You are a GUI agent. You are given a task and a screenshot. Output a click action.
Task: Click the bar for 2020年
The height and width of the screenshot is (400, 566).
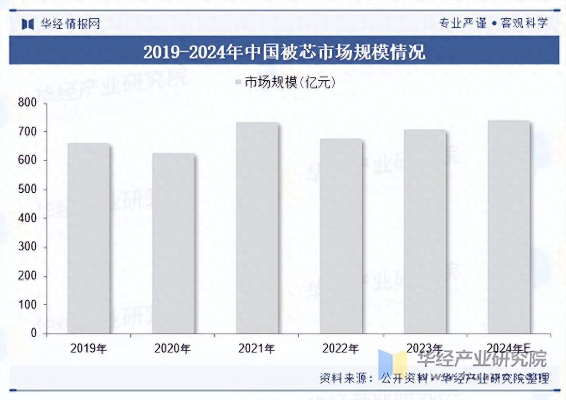point(173,243)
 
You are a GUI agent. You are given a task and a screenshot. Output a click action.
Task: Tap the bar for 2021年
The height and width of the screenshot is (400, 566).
point(257,228)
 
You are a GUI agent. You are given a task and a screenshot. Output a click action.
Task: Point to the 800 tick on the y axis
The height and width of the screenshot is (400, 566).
point(27,103)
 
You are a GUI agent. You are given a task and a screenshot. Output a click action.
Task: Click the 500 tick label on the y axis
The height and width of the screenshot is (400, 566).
point(27,190)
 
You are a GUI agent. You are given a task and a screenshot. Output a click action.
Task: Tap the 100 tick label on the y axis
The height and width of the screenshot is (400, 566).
point(27,305)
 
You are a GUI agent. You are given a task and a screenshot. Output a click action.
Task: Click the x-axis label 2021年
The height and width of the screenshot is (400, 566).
point(257,349)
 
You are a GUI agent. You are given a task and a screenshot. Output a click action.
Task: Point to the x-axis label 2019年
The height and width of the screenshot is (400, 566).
point(89,349)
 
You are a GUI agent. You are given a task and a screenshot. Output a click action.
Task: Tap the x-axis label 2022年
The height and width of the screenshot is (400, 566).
point(340,349)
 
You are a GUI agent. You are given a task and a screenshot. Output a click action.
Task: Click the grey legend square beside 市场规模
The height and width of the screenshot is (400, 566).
point(238,82)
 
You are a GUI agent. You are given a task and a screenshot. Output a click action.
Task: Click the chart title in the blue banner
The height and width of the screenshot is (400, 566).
point(284,51)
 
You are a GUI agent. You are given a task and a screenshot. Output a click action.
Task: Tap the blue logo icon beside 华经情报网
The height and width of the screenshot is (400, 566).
point(28,24)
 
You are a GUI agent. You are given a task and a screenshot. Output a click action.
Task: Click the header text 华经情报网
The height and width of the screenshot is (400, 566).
point(70,24)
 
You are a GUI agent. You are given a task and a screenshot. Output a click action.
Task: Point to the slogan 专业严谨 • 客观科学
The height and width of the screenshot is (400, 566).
point(493,23)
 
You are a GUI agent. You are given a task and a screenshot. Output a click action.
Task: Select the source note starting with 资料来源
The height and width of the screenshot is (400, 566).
point(433,378)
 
